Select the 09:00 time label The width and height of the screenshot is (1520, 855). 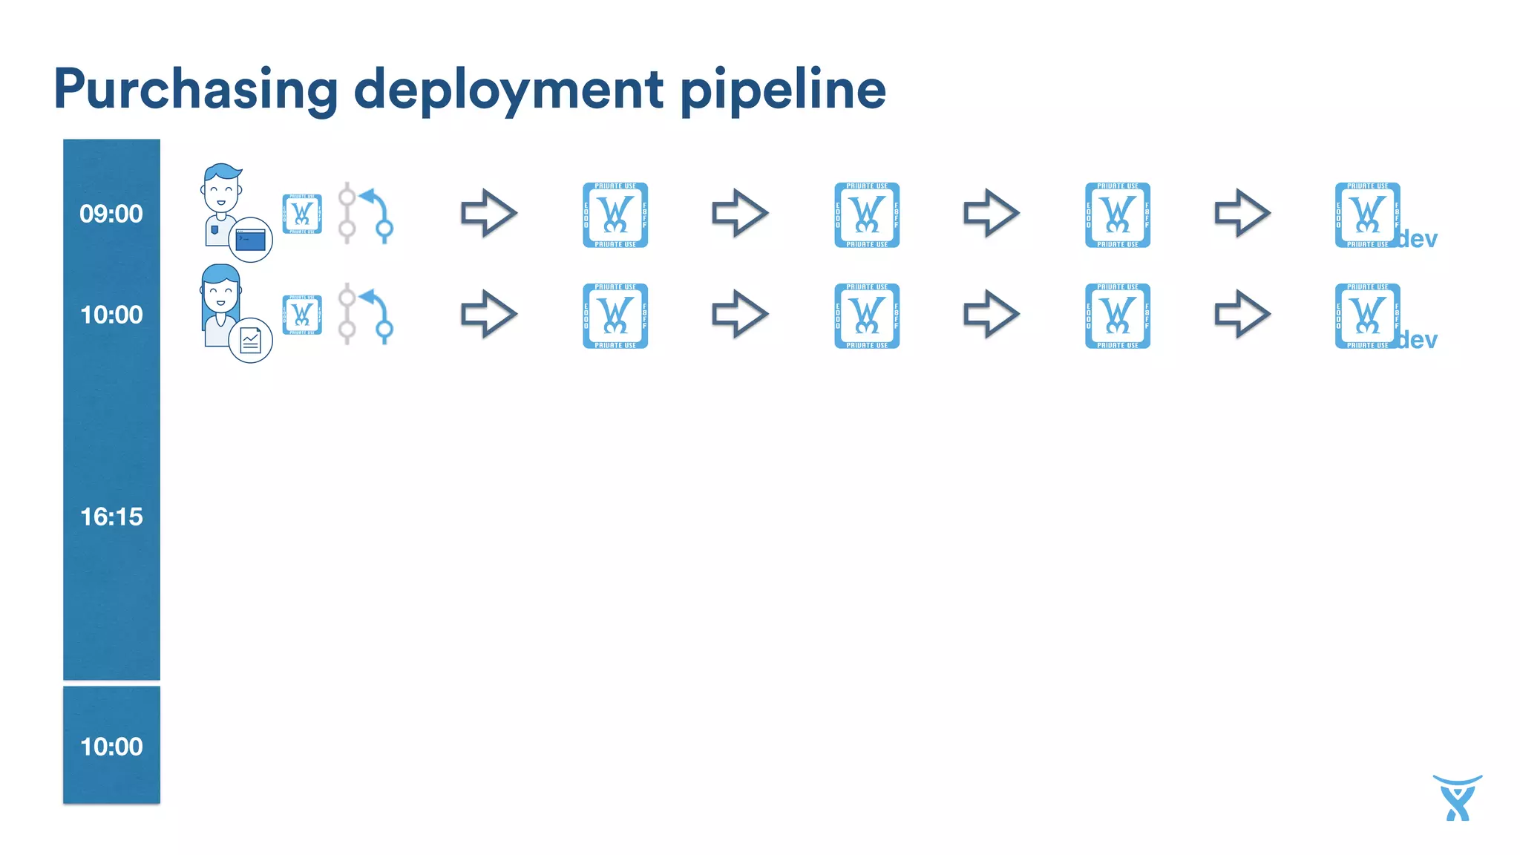(x=111, y=214)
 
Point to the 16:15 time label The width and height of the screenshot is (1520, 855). (x=111, y=517)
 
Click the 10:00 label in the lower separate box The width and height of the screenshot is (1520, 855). (x=111, y=747)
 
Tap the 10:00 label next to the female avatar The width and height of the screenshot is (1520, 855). (x=111, y=315)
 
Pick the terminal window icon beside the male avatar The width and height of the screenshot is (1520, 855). (x=250, y=240)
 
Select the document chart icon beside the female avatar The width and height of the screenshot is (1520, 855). (x=250, y=341)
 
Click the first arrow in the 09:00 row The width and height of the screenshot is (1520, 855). (x=488, y=214)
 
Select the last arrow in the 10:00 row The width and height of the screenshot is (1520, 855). (x=1242, y=315)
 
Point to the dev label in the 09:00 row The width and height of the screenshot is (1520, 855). (x=1418, y=239)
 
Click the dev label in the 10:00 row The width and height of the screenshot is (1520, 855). (x=1418, y=340)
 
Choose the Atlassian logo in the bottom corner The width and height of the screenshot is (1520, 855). (x=1457, y=798)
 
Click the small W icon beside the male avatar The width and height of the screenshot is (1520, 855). (x=302, y=214)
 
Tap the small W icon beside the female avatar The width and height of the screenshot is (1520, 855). (x=302, y=315)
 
